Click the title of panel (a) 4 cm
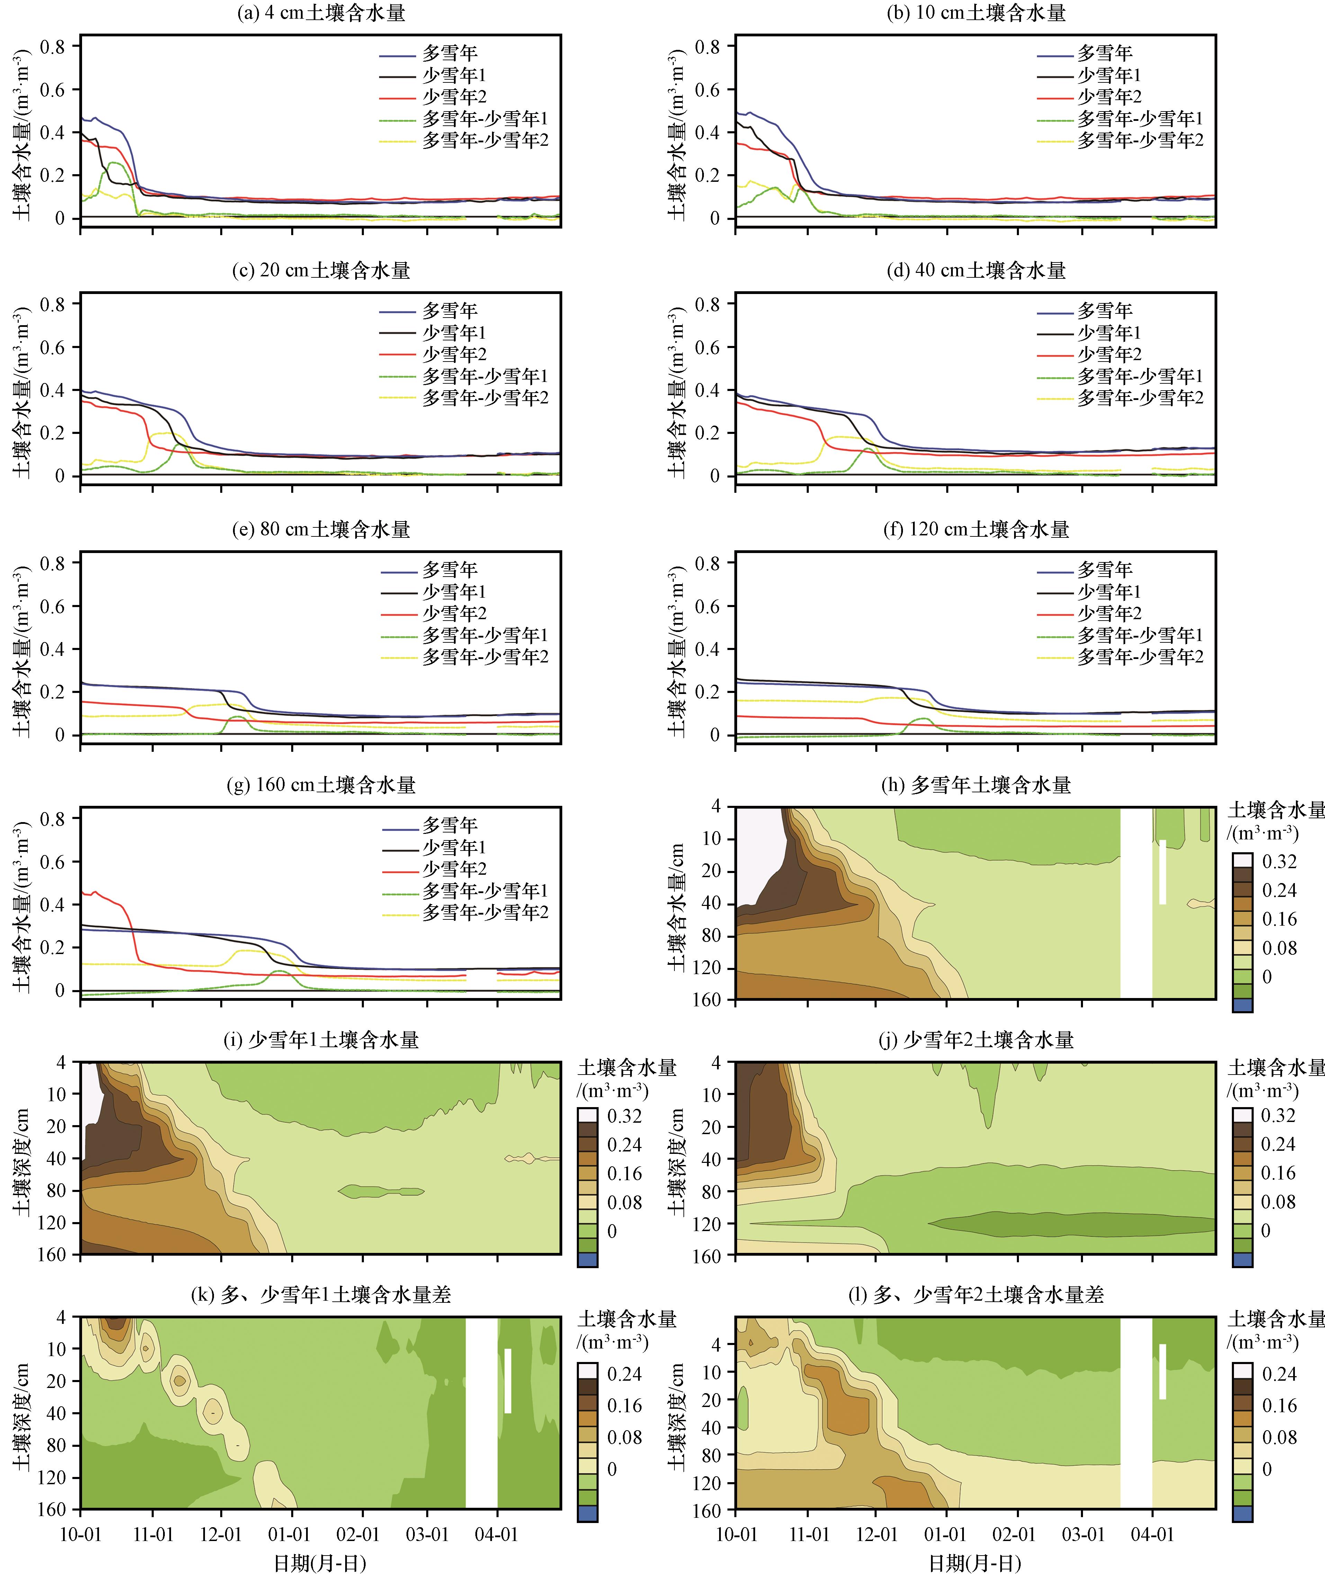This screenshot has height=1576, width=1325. (321, 13)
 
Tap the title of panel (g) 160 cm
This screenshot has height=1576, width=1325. (321, 785)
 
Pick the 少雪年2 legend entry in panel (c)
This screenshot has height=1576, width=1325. (454, 354)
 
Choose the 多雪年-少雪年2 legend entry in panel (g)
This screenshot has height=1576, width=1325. (484, 912)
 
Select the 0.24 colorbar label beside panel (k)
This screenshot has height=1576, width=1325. (624, 1374)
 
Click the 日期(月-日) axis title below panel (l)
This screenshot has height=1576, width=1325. (975, 1563)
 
